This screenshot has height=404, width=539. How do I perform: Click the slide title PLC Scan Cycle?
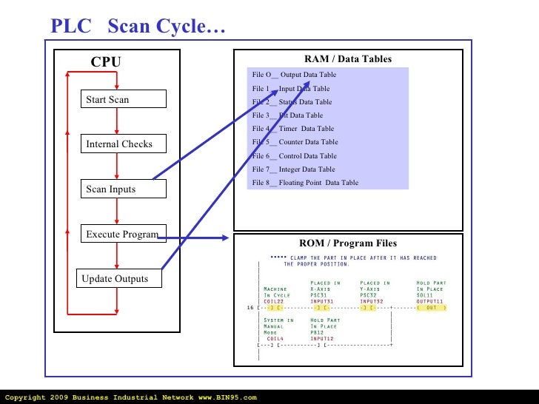(x=138, y=27)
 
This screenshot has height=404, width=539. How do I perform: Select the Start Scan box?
(x=124, y=99)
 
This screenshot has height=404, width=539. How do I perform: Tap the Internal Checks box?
(x=124, y=144)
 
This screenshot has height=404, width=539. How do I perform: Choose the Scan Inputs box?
(x=124, y=189)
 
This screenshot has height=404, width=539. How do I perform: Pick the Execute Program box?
(x=124, y=235)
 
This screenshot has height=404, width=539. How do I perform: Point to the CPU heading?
(x=105, y=63)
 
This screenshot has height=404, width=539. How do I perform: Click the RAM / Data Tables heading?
(x=348, y=59)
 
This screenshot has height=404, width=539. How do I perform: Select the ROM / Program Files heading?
(x=347, y=243)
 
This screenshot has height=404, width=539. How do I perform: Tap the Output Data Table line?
(x=294, y=75)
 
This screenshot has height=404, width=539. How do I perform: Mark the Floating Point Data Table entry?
(x=305, y=183)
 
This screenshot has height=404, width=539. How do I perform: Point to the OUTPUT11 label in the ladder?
(x=430, y=301)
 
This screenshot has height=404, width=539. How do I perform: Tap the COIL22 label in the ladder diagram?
(x=274, y=301)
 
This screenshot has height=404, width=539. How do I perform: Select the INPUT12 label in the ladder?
(x=322, y=338)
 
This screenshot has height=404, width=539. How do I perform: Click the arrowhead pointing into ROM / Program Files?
(x=225, y=238)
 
